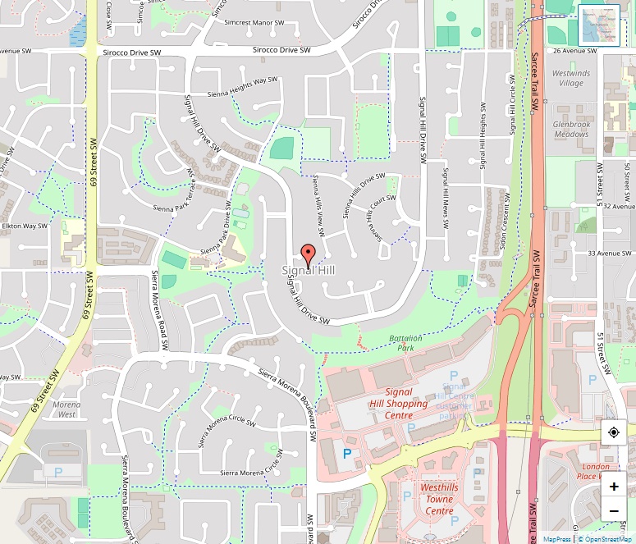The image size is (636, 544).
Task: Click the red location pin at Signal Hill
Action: coord(308,255)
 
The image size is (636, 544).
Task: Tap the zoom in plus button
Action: coord(614,486)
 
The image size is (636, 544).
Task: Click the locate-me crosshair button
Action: coord(614,432)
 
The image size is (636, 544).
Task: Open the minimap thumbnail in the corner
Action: coord(598,25)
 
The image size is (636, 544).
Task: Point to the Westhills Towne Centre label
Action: coord(438,499)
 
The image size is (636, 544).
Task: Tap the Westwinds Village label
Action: coord(570,78)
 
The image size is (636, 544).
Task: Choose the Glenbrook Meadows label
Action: coord(571,129)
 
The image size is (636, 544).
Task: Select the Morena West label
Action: coord(66,409)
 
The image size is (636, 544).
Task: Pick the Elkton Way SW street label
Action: coord(25,226)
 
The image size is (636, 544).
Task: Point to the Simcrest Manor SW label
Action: coord(254,25)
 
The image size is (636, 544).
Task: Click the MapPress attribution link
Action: coord(557,539)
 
